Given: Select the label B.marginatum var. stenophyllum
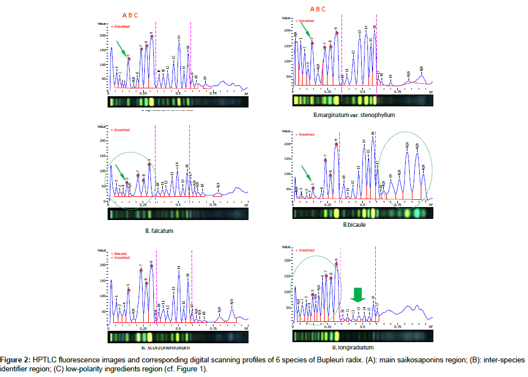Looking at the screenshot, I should pyautogui.click(x=354, y=114).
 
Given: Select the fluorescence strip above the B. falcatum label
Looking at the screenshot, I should pyautogui.click(x=178, y=214).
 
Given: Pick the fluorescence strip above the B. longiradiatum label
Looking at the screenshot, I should pyautogui.click(x=363, y=336).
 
